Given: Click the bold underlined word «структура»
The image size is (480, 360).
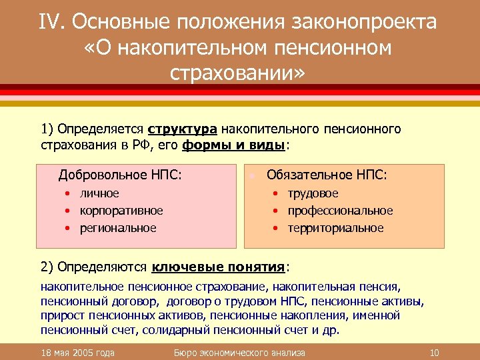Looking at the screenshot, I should [x=182, y=128].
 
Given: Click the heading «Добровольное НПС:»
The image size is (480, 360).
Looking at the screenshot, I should [x=120, y=175].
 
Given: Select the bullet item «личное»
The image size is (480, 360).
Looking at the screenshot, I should [x=99, y=193].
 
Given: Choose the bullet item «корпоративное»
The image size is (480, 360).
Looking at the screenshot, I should [x=121, y=211].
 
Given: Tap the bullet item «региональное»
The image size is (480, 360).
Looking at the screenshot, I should [x=118, y=228].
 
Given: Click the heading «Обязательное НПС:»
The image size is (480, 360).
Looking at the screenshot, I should [x=327, y=175].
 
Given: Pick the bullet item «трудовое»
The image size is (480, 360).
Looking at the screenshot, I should [x=313, y=193].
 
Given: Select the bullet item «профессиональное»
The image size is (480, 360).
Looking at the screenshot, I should [x=340, y=211].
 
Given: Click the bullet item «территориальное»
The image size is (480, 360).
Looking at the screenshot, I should [x=335, y=228].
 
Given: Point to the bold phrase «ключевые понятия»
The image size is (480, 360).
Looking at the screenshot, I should [x=219, y=267].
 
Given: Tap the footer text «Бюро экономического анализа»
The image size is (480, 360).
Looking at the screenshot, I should [x=239, y=353].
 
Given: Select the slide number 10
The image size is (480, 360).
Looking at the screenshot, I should [x=434, y=353].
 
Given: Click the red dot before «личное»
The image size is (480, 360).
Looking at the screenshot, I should [x=68, y=194].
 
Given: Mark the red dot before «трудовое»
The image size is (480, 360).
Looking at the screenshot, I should [x=276, y=194].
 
